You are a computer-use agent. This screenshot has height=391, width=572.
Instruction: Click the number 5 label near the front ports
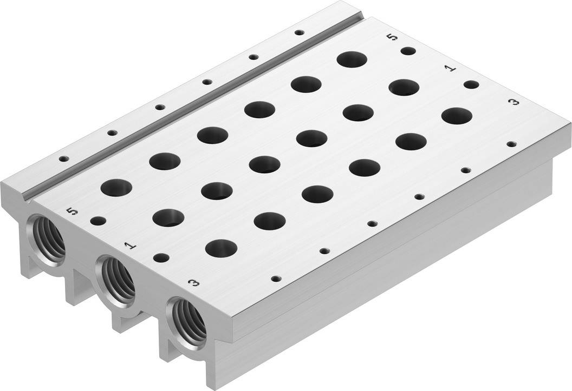click(x=69, y=210)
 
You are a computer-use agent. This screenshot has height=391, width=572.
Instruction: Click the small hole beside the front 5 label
click(x=98, y=221)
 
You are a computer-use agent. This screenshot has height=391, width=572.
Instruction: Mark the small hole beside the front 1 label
click(x=160, y=257)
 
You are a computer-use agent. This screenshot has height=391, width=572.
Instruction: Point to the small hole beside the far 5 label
click(x=408, y=51)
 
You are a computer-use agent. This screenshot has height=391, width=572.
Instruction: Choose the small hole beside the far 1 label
click(x=471, y=84)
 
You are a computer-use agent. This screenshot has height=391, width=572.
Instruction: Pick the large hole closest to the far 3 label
click(x=456, y=116)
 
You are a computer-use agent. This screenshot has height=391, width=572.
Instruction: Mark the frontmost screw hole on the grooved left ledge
click(x=63, y=159)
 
